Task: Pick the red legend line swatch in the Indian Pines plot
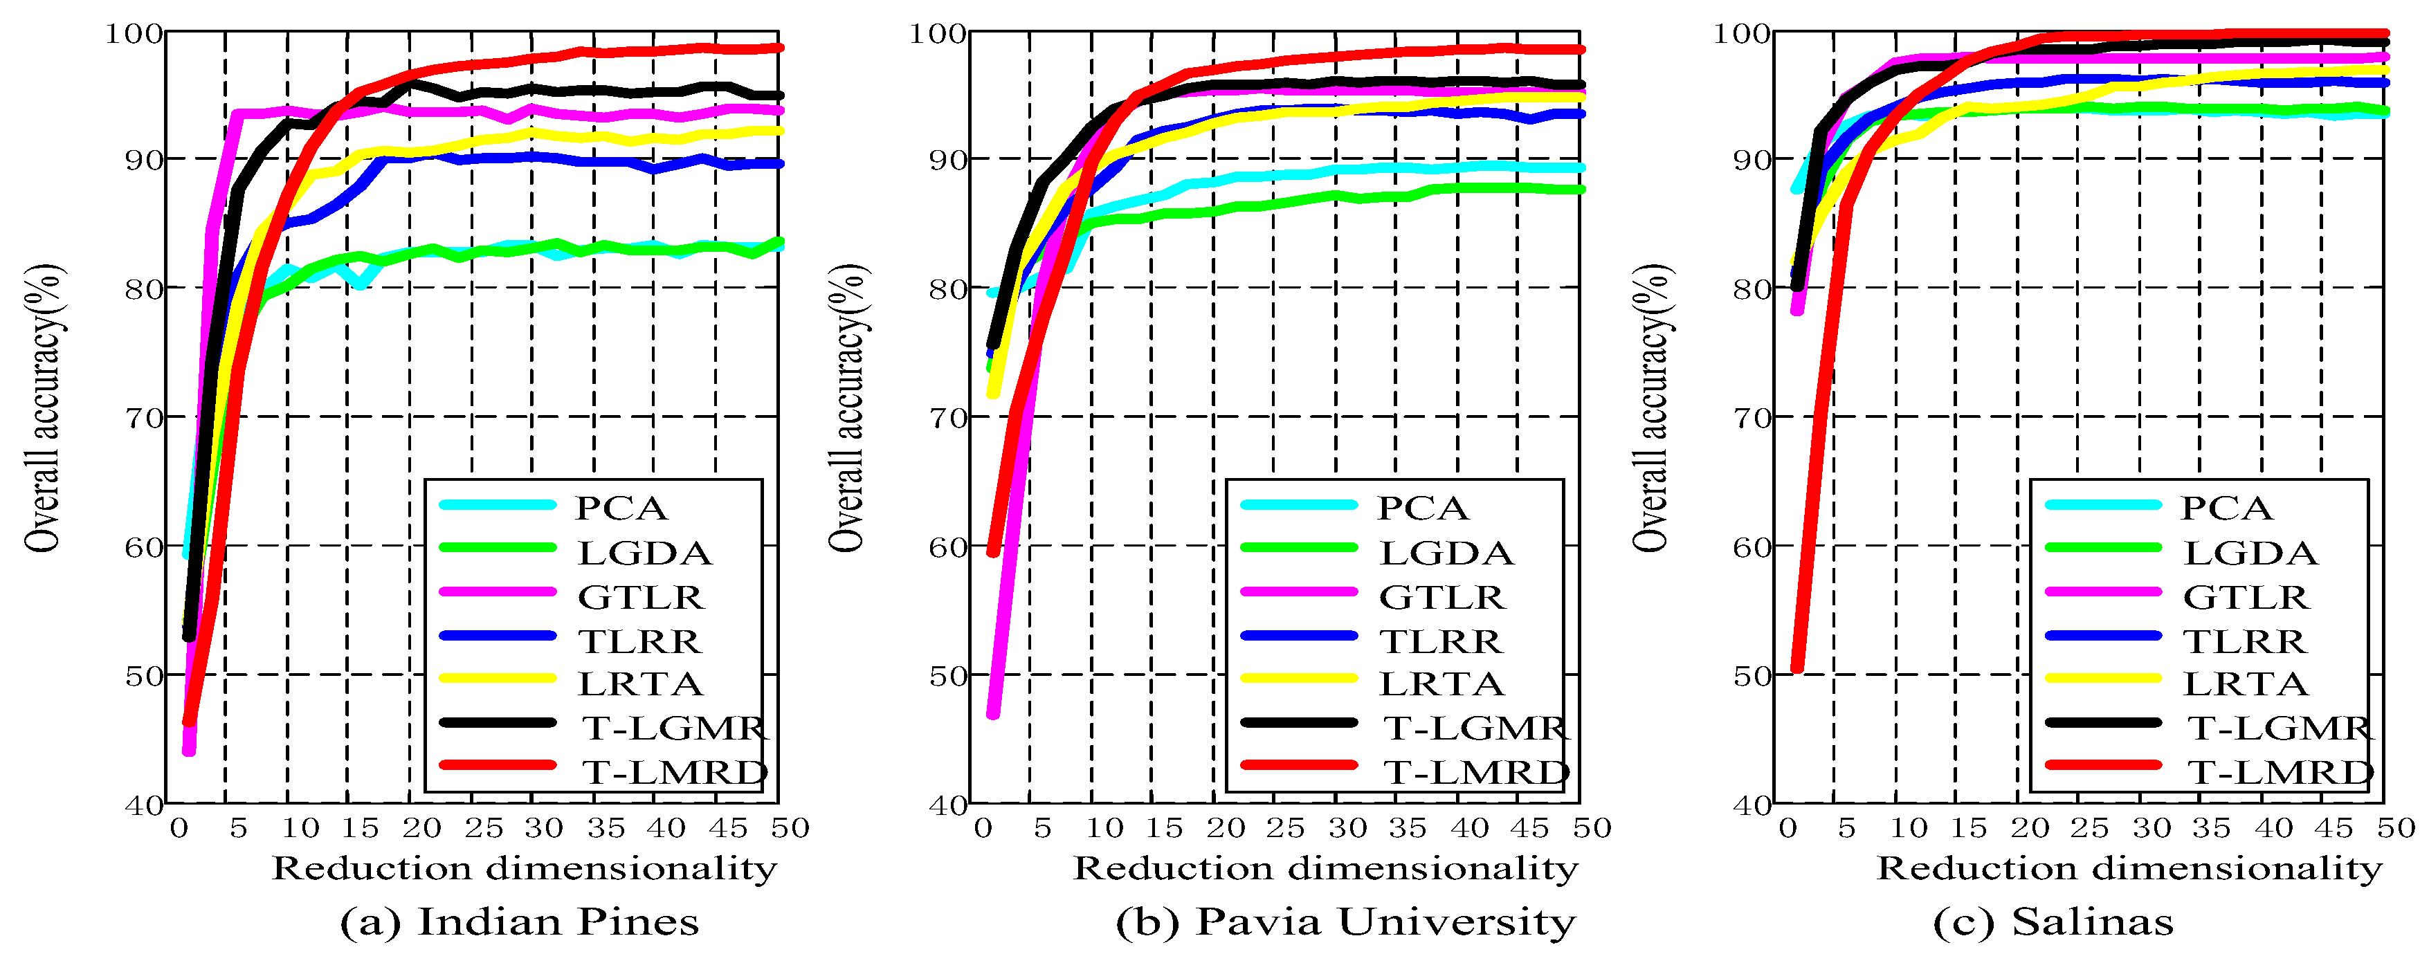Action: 498,764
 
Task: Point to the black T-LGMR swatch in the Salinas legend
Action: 2103,722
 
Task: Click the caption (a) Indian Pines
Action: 520,921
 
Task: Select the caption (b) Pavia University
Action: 1345,921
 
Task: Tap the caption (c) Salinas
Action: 2053,921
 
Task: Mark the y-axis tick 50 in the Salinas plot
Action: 1752,676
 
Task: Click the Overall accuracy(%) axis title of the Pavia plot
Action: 848,407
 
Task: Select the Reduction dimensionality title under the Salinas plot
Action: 2129,868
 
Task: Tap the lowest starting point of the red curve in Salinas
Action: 1796,668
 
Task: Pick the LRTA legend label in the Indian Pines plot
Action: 639,684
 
